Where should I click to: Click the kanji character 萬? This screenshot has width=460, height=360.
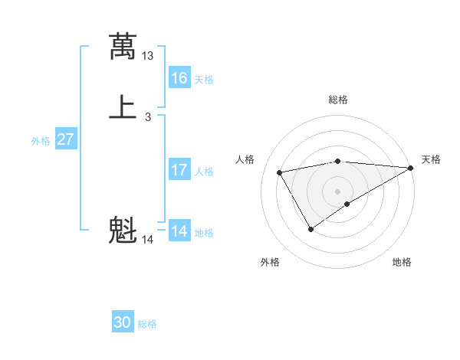tap(123, 46)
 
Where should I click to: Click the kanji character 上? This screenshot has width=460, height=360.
tap(123, 107)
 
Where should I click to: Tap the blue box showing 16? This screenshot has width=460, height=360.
tap(179, 78)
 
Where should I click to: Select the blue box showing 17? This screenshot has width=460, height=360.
tap(179, 170)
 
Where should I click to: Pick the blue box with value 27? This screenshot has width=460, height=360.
tap(66, 140)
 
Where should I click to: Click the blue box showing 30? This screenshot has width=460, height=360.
tap(123, 322)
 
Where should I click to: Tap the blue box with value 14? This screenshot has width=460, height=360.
tap(179, 231)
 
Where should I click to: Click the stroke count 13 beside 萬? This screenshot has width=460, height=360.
tap(148, 56)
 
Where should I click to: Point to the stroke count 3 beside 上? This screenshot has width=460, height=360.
tap(147, 117)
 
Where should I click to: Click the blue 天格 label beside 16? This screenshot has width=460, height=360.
tap(204, 80)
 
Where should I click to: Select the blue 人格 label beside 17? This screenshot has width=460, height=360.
tap(204, 172)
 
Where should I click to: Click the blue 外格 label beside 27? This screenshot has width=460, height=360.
tap(41, 141)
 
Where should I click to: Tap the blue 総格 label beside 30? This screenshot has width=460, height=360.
tap(147, 324)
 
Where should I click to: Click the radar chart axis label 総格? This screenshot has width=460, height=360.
tap(338, 100)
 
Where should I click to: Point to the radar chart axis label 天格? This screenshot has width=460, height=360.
tap(431, 159)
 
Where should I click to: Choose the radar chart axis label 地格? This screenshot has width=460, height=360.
tap(402, 262)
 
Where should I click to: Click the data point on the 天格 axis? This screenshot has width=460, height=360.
tap(412, 167)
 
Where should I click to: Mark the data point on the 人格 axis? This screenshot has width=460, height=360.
tap(280, 172)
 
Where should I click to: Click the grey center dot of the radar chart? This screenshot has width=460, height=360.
tap(338, 191)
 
